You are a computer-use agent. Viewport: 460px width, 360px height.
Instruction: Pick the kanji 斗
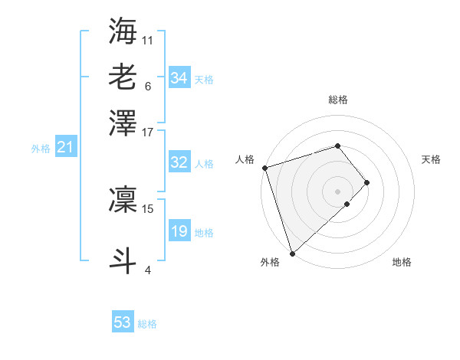[x=123, y=259]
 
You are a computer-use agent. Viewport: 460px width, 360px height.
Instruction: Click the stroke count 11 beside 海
[x=148, y=39]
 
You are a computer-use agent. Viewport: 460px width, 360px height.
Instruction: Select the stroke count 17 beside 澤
[x=148, y=131]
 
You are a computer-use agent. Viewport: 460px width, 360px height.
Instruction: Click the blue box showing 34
[x=179, y=77]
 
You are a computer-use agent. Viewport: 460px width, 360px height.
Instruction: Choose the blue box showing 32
[x=179, y=162]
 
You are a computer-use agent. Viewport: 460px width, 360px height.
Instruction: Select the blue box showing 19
[x=179, y=231]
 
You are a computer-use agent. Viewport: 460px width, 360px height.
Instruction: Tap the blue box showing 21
[x=65, y=147]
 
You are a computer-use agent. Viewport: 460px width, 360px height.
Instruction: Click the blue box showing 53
[x=123, y=322]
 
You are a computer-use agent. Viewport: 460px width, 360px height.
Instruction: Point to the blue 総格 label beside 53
[x=147, y=324]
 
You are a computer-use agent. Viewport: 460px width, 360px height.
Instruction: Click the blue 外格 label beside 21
[x=41, y=149]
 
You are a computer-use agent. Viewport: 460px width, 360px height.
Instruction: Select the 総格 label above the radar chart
[x=338, y=100]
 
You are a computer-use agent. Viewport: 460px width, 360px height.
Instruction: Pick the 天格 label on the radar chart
[x=431, y=159]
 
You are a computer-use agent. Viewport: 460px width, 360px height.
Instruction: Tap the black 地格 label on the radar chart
[x=402, y=263]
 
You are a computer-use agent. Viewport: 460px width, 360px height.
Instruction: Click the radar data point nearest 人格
[x=264, y=168]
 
